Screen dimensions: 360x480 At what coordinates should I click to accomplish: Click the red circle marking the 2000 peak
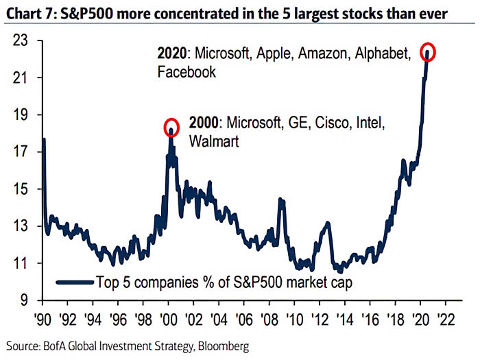click(171, 127)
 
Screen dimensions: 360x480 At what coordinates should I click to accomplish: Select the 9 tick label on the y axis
click(26, 300)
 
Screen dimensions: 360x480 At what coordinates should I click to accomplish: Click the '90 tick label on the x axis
click(43, 319)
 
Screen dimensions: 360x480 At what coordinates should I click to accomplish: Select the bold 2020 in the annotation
click(171, 53)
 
